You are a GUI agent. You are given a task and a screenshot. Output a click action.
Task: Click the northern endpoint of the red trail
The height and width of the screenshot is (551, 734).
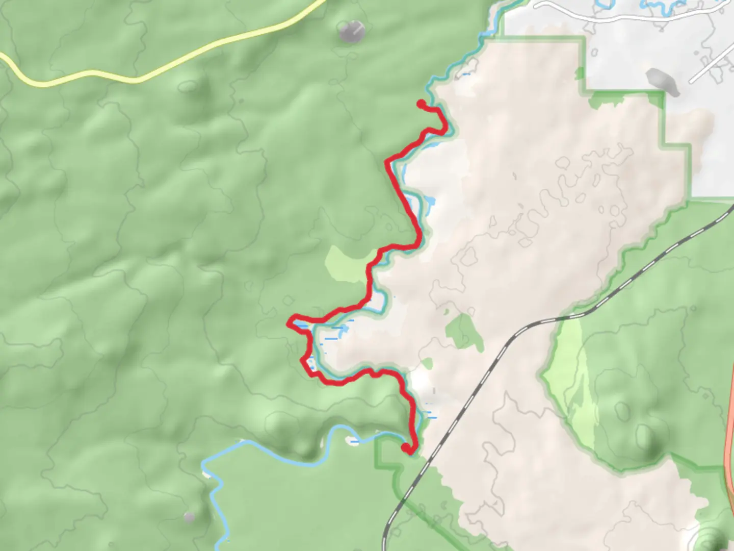(421, 104)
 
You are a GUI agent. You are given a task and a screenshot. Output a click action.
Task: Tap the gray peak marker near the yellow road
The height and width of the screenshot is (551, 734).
(351, 31)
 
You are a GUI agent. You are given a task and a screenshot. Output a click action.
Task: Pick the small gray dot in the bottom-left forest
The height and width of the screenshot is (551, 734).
(190, 517)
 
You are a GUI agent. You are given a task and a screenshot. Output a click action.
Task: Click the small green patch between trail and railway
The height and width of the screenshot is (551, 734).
(464, 332)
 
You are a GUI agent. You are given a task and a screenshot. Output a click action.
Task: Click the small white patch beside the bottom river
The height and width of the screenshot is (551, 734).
(351, 440)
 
